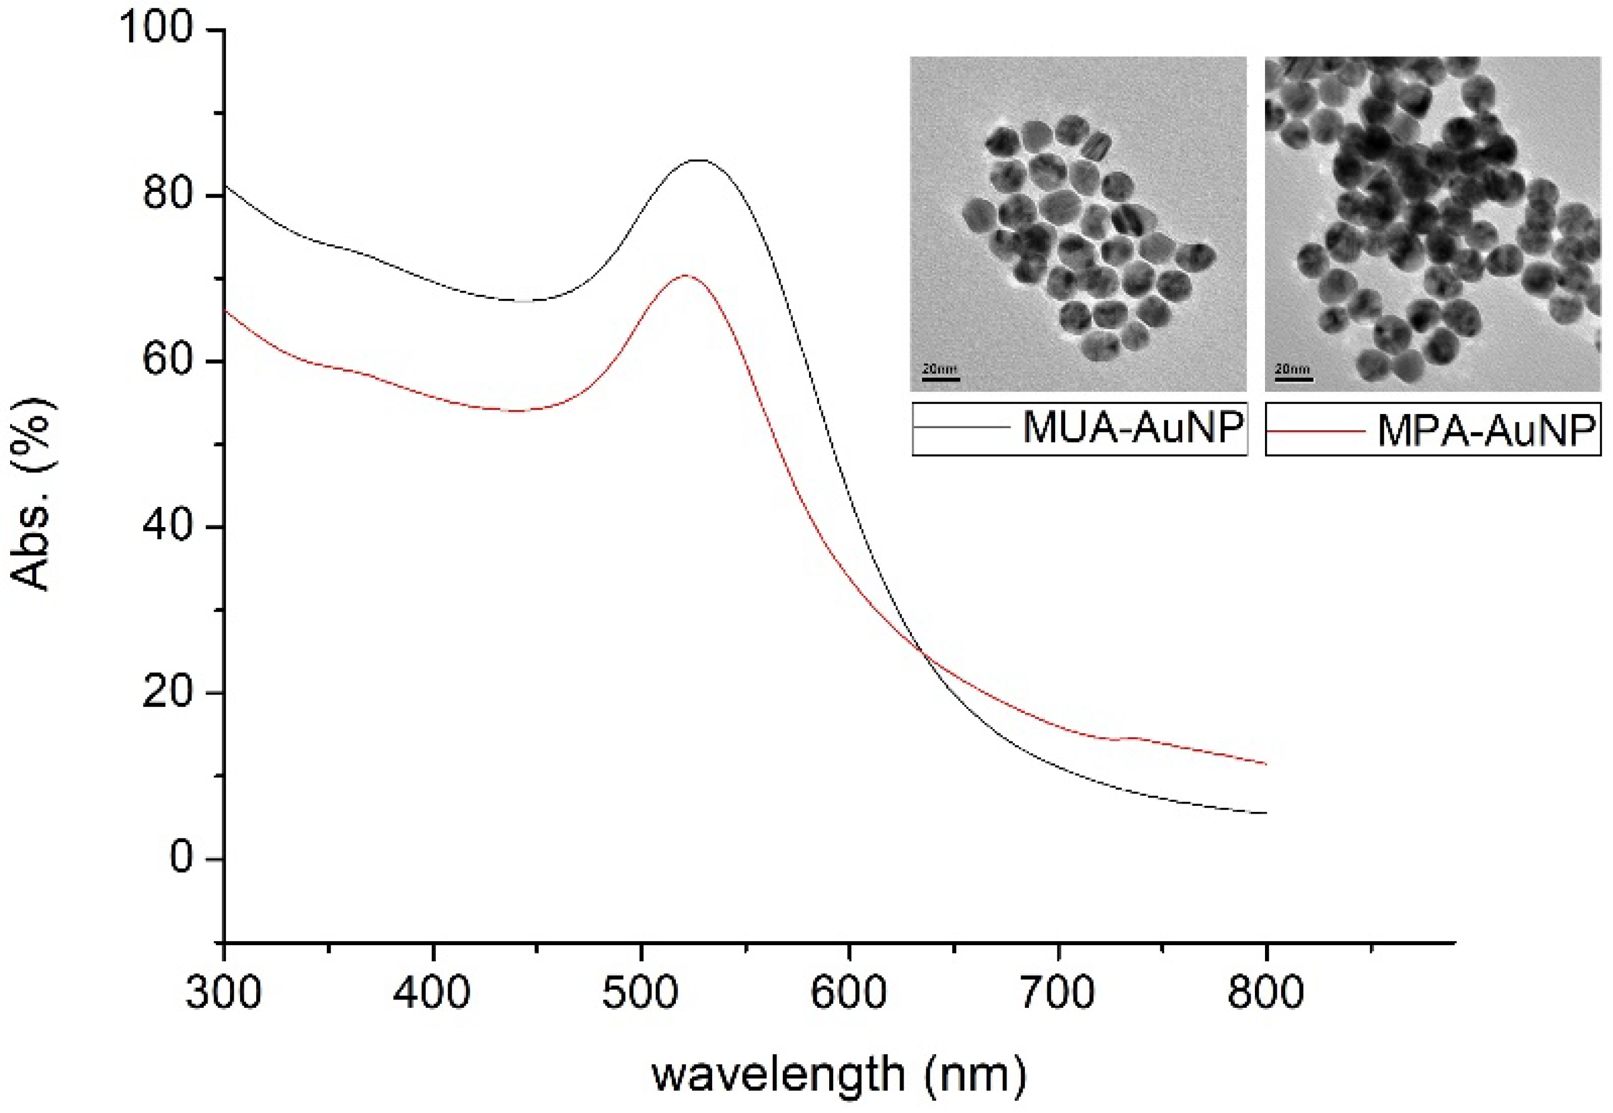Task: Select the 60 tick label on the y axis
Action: coord(167,360)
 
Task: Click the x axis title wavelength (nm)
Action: coord(839,1074)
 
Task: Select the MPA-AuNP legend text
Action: coord(1486,431)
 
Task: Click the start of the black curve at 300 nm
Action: coord(225,186)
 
